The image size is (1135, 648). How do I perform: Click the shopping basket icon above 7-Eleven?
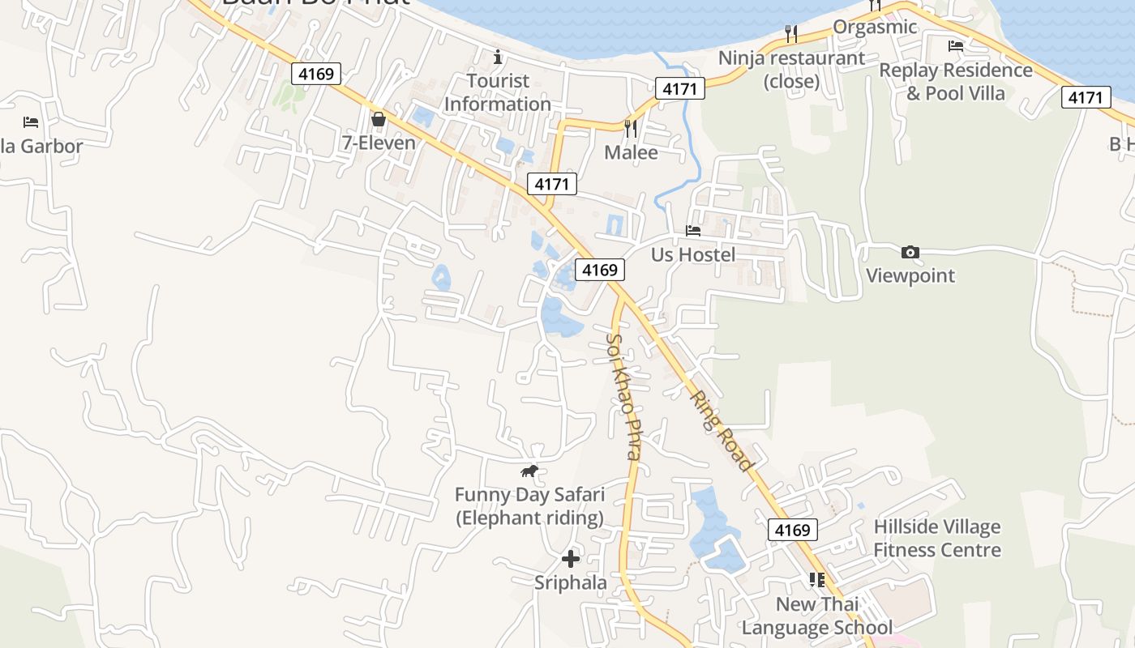(378, 120)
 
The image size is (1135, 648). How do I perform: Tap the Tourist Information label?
(498, 92)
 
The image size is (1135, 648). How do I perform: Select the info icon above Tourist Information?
(498, 57)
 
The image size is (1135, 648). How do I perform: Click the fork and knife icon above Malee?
(631, 128)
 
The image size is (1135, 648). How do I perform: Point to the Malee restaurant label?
(631, 152)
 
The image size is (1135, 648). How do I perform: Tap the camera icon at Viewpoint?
(910, 252)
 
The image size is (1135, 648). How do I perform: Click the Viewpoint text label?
(910, 275)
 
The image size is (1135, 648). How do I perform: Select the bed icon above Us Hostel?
(693, 231)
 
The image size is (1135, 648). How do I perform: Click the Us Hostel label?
(693, 255)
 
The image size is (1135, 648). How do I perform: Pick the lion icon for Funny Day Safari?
(529, 471)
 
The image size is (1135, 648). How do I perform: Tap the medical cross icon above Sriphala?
(571, 558)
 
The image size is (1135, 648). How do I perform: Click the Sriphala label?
(571, 582)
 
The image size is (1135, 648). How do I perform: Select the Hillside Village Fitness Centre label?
(937, 539)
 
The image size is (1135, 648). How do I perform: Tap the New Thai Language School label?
(817, 616)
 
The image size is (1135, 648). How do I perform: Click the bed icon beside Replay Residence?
(956, 46)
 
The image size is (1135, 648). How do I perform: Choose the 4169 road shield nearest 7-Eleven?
(316, 74)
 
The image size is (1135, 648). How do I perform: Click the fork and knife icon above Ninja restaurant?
(791, 33)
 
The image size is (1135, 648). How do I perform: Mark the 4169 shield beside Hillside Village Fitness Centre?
(792, 530)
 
